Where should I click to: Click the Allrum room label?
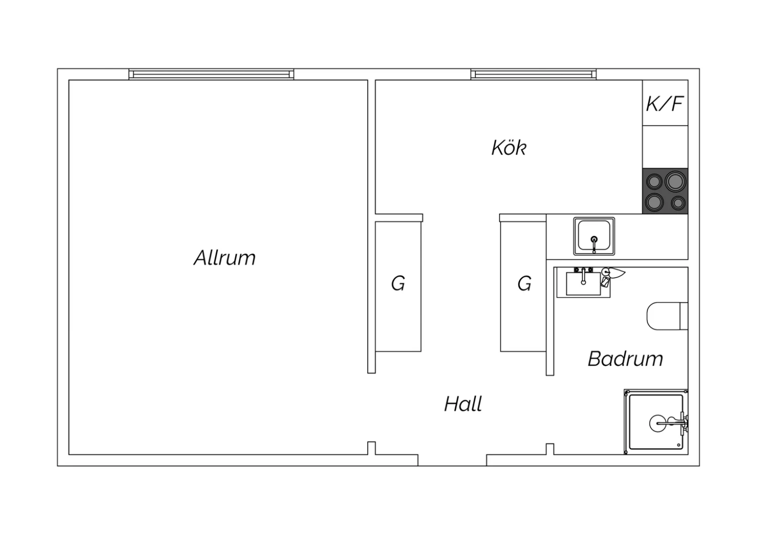225,258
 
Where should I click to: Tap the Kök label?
509,148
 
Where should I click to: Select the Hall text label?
463,404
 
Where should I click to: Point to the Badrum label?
626,359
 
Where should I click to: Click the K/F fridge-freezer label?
665,103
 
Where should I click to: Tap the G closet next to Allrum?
399,287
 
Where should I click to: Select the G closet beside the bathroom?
523,287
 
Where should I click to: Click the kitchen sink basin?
594,236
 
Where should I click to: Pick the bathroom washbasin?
583,284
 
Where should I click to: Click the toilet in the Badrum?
668,316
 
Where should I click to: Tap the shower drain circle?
658,423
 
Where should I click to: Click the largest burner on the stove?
675,182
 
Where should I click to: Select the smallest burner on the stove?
678,203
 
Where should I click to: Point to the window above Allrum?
211,74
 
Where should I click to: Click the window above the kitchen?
533,74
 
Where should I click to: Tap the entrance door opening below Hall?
452,460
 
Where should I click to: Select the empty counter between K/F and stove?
665,147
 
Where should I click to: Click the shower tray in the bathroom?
656,422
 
